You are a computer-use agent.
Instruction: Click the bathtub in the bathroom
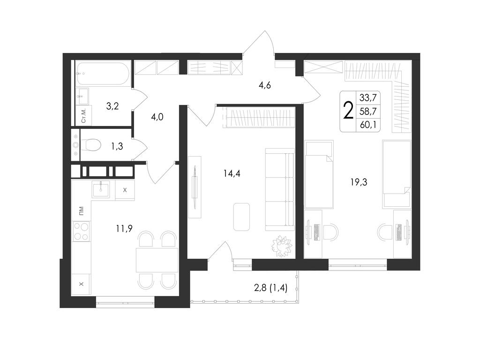[104, 74]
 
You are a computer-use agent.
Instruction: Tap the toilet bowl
[92, 145]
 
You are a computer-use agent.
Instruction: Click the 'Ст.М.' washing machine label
[84, 115]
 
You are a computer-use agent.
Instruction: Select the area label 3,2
[112, 106]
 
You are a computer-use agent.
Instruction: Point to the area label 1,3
[117, 146]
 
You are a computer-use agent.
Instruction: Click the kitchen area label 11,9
[124, 228]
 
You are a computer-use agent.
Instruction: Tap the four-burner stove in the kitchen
[81, 231]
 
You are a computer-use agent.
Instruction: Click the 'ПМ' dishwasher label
[81, 210]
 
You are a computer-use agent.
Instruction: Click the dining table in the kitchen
[157, 260]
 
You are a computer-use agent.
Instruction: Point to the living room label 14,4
[232, 173]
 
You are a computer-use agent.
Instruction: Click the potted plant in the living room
[282, 246]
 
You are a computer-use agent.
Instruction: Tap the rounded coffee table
[241, 217]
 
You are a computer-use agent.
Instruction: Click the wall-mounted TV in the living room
[194, 187]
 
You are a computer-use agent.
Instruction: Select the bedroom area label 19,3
[359, 182]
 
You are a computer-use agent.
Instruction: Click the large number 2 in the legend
[348, 111]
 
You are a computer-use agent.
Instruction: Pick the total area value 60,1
[368, 125]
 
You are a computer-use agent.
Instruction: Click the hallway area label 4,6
[265, 85]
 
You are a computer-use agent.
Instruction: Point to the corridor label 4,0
[157, 117]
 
